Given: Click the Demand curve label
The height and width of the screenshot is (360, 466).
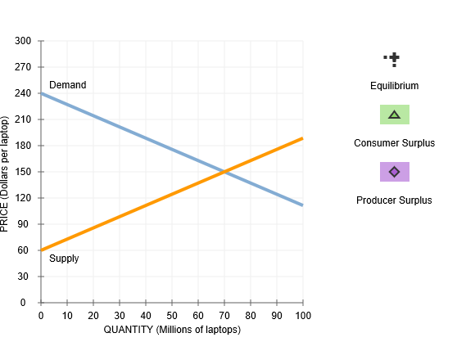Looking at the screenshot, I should point(67,85).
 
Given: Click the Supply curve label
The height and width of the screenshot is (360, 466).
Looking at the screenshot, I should point(64,259).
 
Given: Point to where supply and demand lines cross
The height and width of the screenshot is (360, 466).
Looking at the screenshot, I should point(224,172).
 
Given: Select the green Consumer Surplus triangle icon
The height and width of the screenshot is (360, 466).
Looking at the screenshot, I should point(394,115).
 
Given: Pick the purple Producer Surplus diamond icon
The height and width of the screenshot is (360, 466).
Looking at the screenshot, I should point(394,172).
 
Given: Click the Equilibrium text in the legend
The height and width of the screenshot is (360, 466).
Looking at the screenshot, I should point(394,86).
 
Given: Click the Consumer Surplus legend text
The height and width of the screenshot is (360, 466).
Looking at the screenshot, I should point(394,143).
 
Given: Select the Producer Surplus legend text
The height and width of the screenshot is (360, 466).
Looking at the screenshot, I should point(394,200).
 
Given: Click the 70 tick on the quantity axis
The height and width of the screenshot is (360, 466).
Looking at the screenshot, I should point(224,315).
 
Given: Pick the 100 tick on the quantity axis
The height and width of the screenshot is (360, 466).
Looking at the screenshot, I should point(303,315).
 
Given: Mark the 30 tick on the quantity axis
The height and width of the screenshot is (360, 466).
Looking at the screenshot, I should point(120,315).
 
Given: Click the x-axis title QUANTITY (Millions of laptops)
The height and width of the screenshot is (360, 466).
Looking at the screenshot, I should point(172,330).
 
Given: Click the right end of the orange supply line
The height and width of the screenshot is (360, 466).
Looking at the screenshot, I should point(302,138).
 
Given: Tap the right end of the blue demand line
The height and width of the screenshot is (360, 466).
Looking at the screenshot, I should point(302,205).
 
